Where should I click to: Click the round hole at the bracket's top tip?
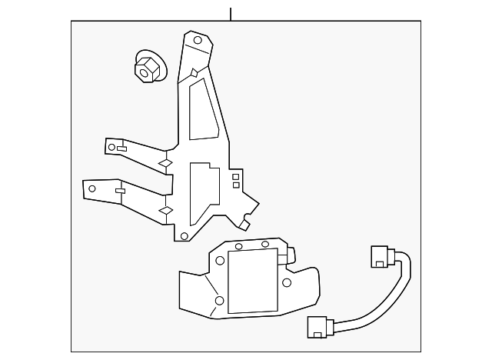(198, 40)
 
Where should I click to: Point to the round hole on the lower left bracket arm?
(93, 188)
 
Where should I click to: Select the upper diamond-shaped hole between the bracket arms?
(164, 163)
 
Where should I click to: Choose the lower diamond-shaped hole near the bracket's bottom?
(165, 210)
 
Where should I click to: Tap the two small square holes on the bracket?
(235, 180)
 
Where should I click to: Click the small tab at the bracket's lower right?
(245, 224)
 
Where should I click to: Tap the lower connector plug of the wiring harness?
(319, 326)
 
